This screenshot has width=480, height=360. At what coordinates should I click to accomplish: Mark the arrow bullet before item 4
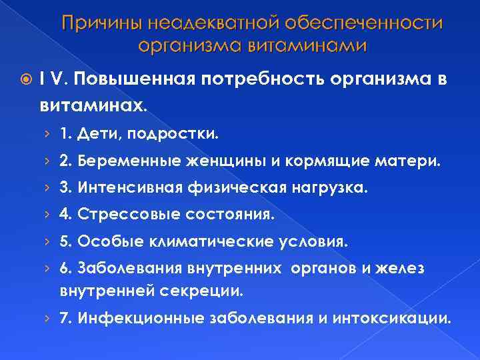pos(64,215)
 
